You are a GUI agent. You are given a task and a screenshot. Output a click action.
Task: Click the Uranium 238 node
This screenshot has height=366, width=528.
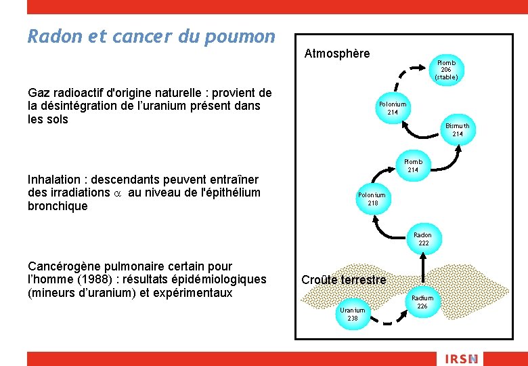353,314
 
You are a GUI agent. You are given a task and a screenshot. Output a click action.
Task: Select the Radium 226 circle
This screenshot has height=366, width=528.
422,302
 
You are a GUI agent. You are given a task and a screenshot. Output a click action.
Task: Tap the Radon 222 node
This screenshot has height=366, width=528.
423,239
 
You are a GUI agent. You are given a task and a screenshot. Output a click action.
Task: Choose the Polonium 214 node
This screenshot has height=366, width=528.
393,108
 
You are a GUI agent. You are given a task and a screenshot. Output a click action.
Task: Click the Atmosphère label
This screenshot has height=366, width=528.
337,54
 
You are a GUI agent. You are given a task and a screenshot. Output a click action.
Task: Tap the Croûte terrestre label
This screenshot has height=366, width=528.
344,280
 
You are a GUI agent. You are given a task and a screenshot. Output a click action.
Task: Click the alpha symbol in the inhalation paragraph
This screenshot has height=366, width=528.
116,192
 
